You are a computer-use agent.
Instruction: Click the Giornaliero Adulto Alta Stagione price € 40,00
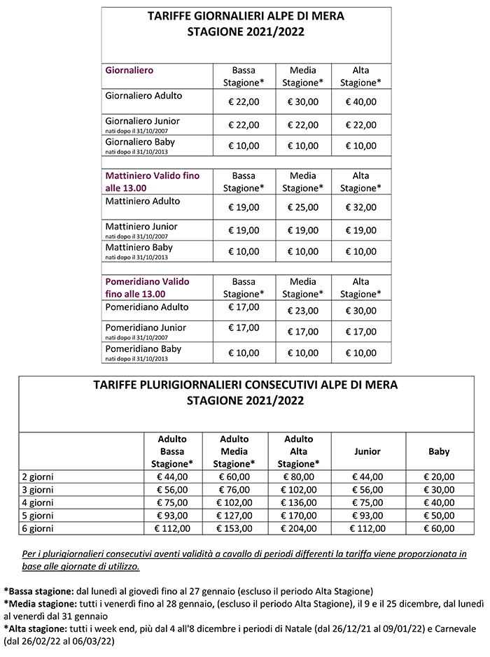point(360,101)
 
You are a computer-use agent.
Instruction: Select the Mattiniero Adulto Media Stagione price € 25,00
point(302,207)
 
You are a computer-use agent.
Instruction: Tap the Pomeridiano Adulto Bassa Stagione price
point(244,306)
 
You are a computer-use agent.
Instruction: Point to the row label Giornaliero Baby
point(140,142)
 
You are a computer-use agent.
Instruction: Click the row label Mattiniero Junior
point(141,227)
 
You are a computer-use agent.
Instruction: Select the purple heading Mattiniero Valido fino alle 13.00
point(152,182)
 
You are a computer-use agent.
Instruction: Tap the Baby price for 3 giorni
point(439,489)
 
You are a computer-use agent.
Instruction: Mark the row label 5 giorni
point(38,515)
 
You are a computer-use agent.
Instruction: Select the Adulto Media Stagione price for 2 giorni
point(234,476)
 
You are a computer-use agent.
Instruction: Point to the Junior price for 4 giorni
point(369,502)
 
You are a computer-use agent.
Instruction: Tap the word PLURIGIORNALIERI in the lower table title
point(204,386)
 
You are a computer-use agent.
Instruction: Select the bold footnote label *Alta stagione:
point(37,628)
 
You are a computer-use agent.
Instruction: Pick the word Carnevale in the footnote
point(450,628)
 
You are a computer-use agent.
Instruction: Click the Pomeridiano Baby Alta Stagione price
point(360,353)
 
